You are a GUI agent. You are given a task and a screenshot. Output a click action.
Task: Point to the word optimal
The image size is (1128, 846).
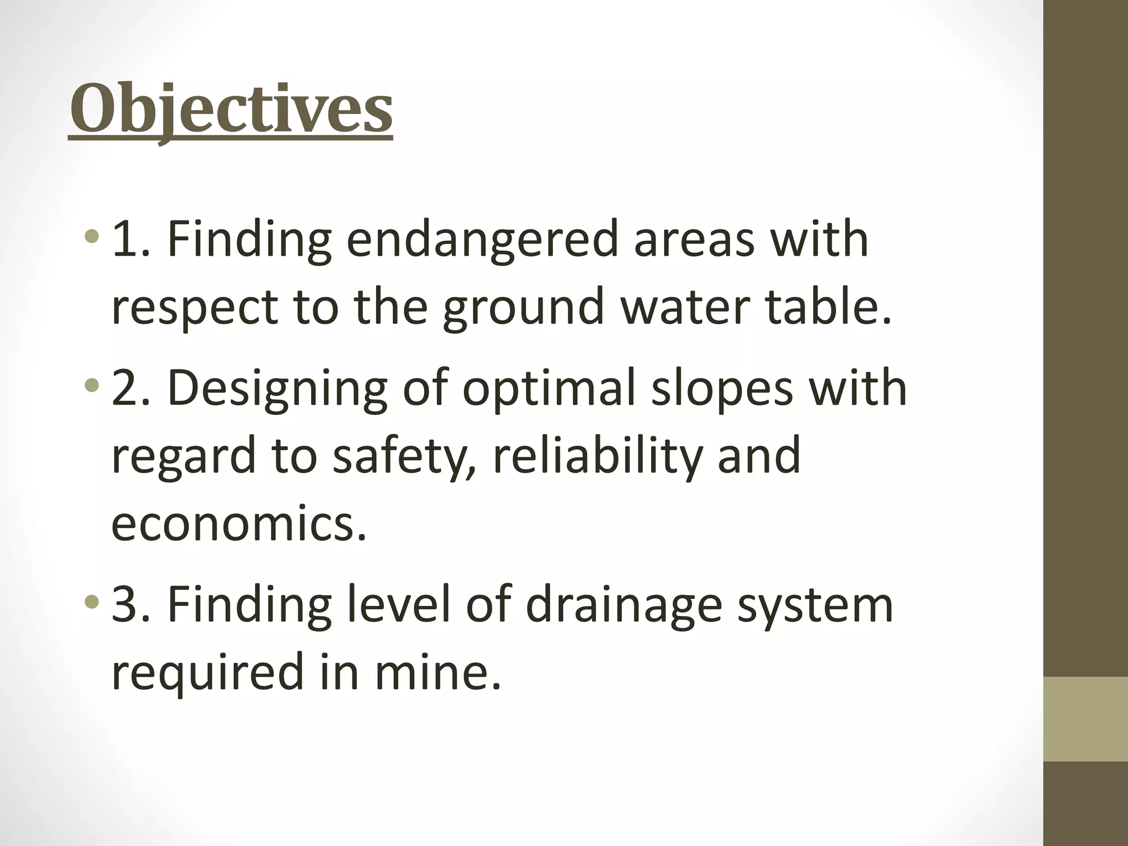(549, 389)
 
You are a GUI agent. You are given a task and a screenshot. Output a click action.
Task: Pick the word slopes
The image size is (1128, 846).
(722, 389)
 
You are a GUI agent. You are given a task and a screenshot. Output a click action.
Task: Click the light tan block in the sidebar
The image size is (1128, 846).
(1086, 719)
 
